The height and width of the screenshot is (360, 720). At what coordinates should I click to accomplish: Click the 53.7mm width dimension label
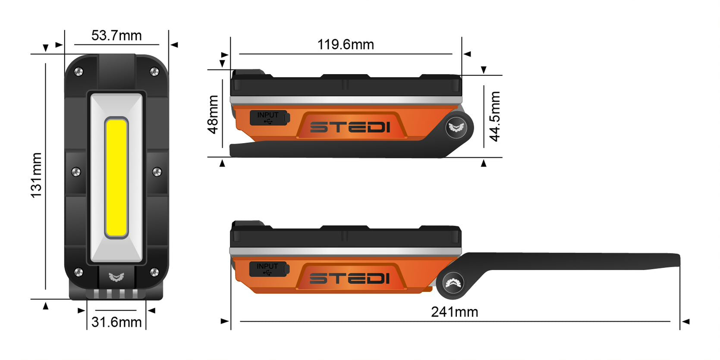116,35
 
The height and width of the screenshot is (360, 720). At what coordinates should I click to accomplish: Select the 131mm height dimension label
37,175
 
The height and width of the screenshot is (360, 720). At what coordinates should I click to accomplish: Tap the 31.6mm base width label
116,322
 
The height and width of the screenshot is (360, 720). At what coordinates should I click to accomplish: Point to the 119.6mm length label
346,44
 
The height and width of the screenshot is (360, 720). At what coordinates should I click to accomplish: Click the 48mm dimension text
213,115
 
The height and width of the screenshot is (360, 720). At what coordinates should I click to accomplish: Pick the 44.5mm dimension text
495,116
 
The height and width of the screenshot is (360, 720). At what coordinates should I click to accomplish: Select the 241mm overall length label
454,312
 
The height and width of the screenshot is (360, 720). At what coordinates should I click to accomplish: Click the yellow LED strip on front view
116,178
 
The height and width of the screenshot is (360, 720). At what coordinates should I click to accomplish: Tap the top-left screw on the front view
79,72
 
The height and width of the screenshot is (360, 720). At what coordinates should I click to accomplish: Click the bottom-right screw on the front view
154,272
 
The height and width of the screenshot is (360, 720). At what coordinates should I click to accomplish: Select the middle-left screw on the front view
75,172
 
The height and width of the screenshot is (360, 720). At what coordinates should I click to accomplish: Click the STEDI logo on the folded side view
350,127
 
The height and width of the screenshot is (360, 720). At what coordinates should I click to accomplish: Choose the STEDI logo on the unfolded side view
349,279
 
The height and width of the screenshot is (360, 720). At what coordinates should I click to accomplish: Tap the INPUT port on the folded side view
268,117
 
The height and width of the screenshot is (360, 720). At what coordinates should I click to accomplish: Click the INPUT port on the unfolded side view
268,269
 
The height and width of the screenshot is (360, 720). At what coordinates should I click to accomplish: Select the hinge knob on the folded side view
456,127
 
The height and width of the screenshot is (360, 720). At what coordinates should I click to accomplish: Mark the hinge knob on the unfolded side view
453,283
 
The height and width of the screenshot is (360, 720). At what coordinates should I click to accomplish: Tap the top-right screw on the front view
154,72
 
